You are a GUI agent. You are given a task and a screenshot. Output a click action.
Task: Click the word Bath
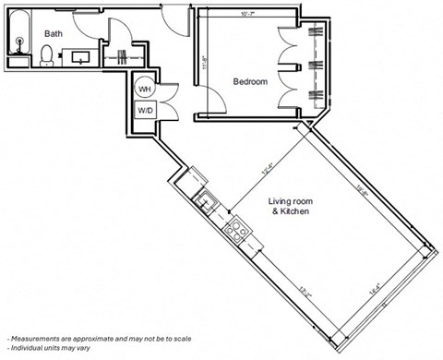pyautogui.click(x=53, y=33)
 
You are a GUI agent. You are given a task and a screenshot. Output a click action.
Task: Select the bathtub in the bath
pyautogui.click(x=18, y=41)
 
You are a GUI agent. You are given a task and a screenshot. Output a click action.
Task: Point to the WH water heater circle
pyautogui.click(x=145, y=89)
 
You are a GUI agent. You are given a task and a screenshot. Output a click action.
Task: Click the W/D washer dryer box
pyautogui.click(x=145, y=111)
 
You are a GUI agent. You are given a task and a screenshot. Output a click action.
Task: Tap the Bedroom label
pyautogui.click(x=249, y=82)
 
